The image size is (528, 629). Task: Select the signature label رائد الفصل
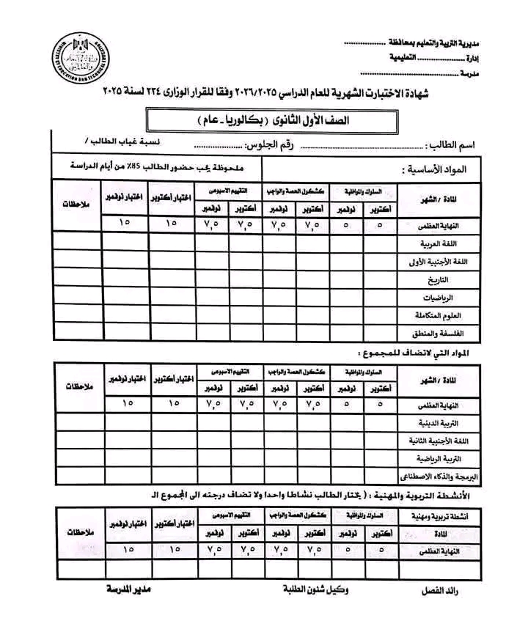[x=444, y=590]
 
